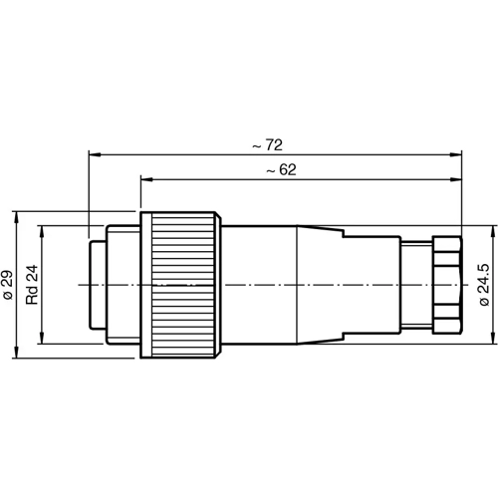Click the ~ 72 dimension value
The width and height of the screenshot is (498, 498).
pos(264,144)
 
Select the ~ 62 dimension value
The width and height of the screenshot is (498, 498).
pos(283,170)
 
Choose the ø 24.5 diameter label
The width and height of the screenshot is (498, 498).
pos(485,285)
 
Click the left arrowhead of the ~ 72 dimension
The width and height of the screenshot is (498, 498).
pos(93,154)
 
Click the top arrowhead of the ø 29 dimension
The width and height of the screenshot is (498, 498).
pos(17,216)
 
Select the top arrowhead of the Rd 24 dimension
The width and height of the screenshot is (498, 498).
pos(42,229)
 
